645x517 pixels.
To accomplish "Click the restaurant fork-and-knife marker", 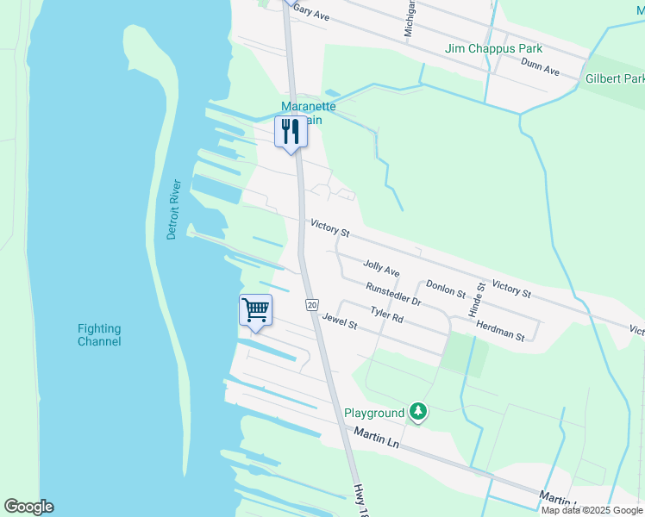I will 291,132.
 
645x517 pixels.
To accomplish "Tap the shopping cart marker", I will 255,309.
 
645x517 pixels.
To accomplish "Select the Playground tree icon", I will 418,413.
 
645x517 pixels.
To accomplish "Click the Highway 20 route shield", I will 312,305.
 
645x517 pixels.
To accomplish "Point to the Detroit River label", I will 173,210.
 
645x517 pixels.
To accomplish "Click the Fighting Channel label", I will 99,335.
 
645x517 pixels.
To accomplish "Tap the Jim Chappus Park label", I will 494,48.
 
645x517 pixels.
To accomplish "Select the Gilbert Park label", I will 615,78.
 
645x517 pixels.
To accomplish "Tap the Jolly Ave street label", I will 381,269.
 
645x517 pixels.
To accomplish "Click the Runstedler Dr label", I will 392,294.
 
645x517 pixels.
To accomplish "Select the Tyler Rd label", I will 387,315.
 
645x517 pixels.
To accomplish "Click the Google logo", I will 28,507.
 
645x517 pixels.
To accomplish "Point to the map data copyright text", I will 592,510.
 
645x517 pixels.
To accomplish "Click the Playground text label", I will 374,413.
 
